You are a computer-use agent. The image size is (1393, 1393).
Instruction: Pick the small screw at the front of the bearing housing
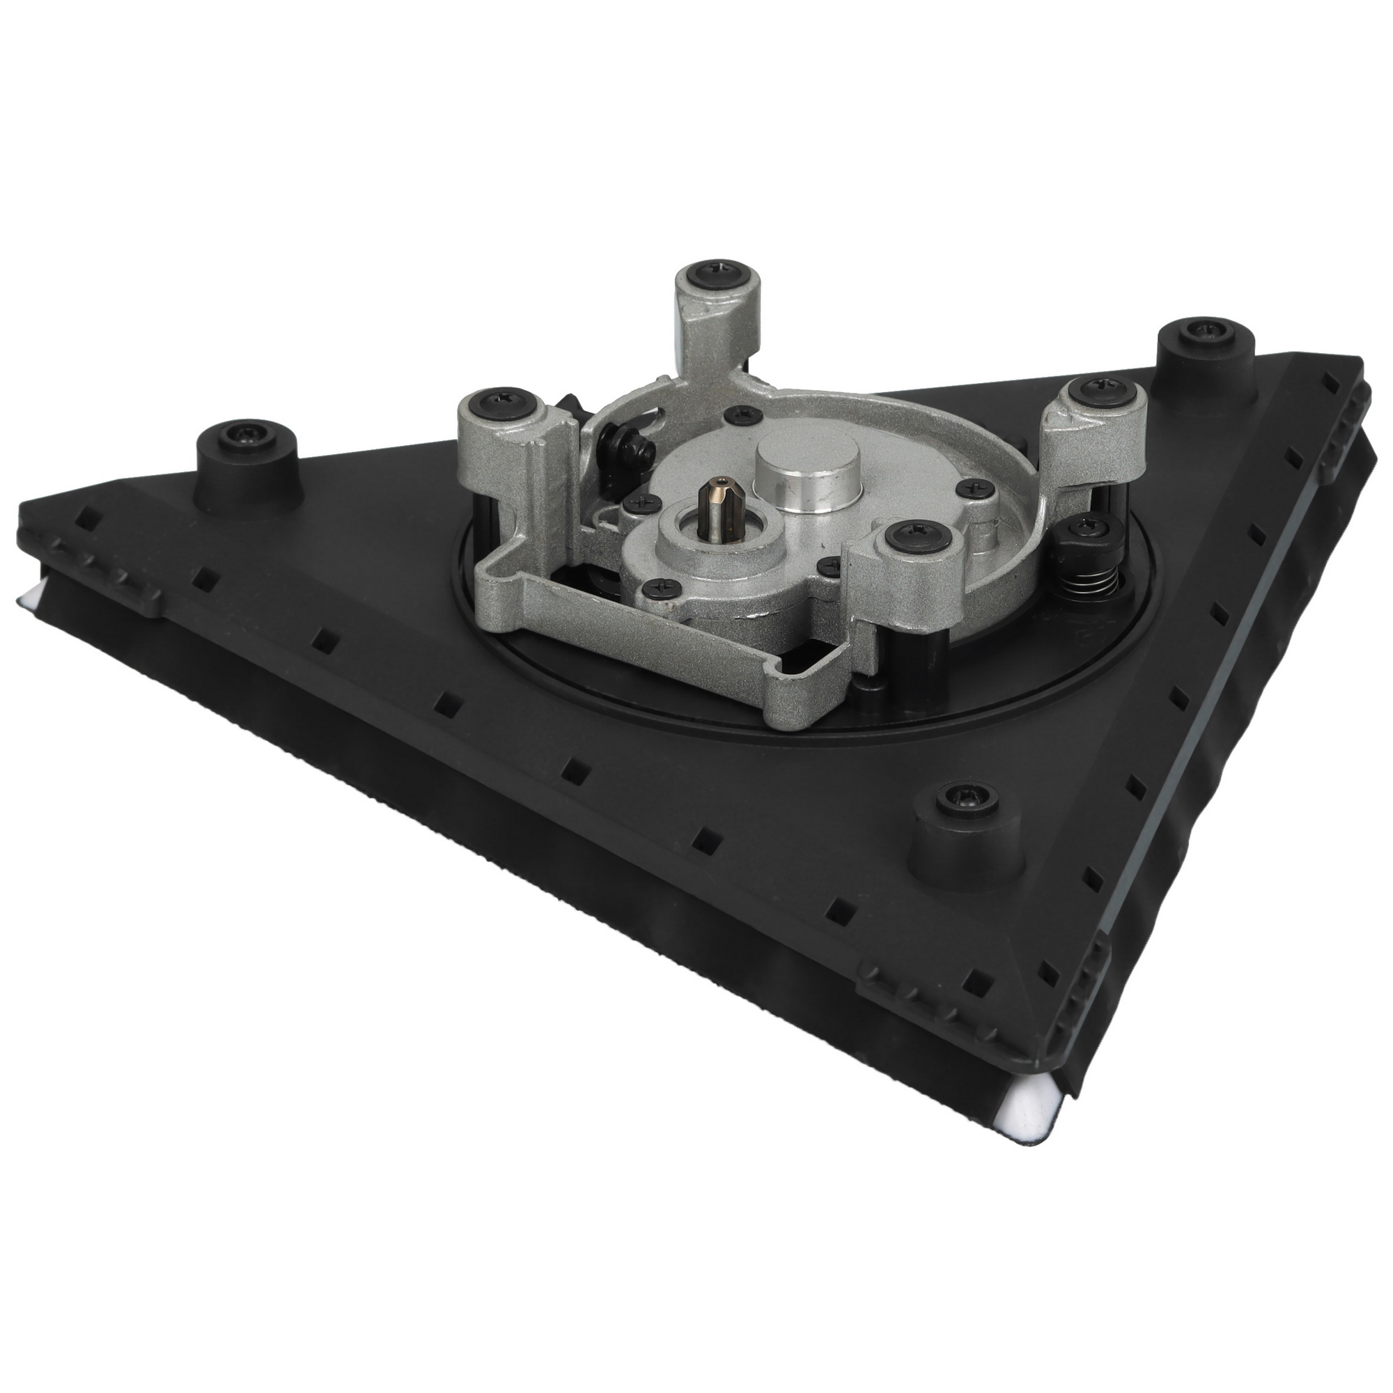(660, 589)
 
